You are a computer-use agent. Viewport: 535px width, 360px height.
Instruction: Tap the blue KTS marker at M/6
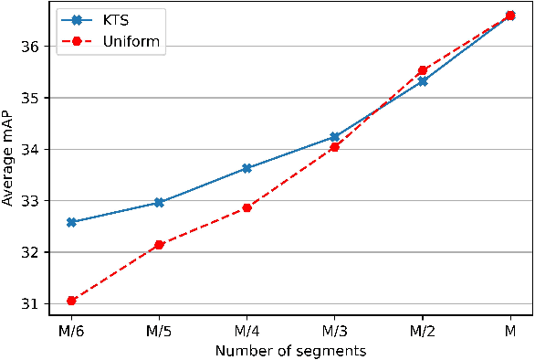click(x=71, y=222)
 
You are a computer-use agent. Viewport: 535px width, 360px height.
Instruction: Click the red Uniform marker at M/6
click(x=71, y=300)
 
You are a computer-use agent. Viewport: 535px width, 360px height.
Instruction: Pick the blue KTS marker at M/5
click(x=159, y=202)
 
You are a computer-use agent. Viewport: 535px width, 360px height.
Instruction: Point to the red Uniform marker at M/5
click(x=159, y=245)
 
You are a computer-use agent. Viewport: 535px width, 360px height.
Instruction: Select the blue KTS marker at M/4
click(x=247, y=168)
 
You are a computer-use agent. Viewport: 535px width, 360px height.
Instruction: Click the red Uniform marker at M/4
click(x=247, y=207)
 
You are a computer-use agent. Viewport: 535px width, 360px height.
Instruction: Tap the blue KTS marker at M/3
click(x=334, y=137)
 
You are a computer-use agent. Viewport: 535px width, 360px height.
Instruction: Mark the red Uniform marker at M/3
click(x=334, y=147)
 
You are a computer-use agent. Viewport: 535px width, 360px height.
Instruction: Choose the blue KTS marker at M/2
click(x=422, y=81)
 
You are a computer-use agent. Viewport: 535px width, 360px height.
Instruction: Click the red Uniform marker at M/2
click(x=422, y=70)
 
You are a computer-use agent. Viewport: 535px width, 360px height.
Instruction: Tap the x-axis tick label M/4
click(x=247, y=329)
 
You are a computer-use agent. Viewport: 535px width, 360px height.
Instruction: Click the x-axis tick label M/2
click(x=422, y=329)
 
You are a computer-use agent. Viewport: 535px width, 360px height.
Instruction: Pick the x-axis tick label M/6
click(x=71, y=329)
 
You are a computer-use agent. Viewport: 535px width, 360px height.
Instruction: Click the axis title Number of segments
click(x=290, y=349)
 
